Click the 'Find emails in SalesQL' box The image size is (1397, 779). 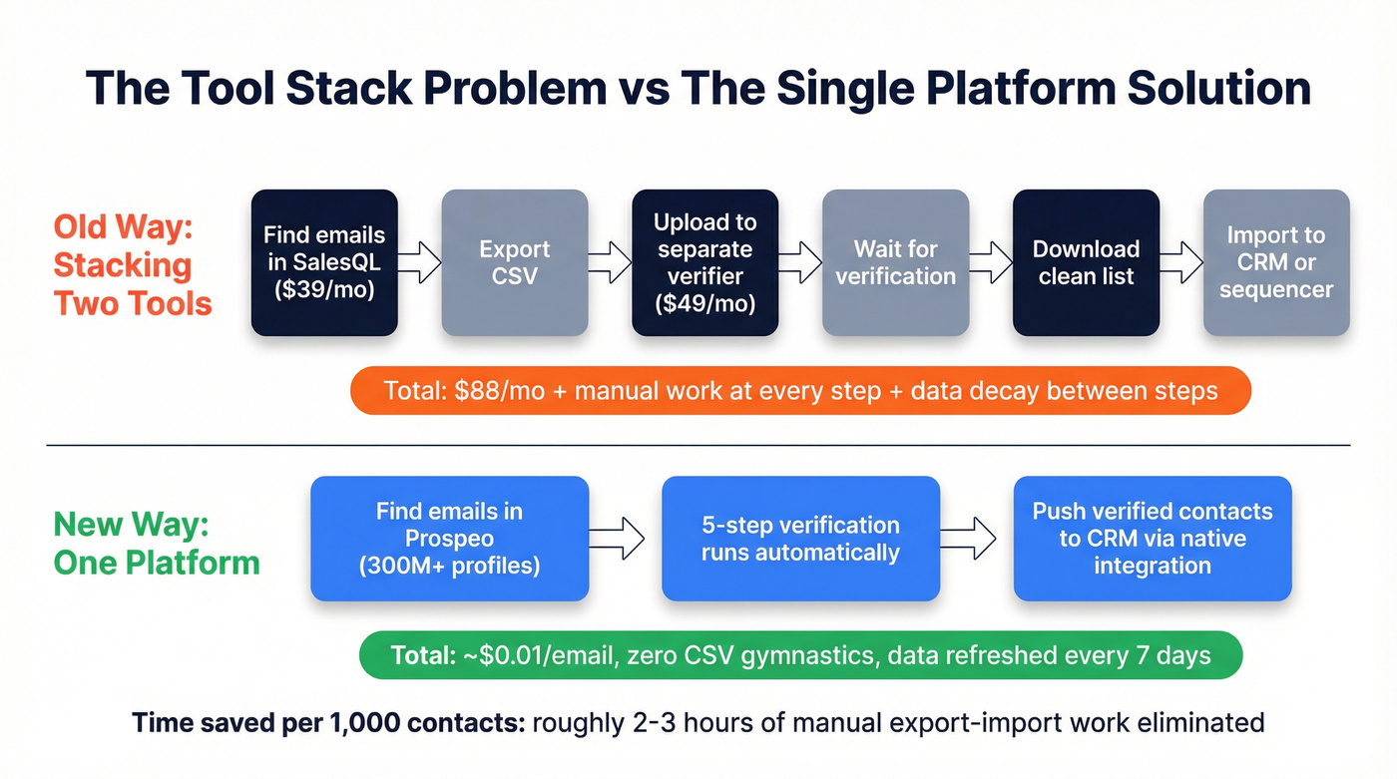tap(324, 262)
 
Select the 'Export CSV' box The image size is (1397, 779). tap(515, 262)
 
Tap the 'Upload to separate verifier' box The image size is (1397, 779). tap(705, 262)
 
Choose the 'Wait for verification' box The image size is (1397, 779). tap(895, 262)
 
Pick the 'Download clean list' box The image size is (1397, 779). tap(1086, 262)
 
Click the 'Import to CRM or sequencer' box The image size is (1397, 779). tap(1276, 262)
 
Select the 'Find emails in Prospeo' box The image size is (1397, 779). tap(449, 539)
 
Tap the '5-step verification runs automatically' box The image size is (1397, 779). tap(800, 539)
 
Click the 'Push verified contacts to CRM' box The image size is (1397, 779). tap(1153, 539)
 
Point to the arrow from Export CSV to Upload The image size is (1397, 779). tap(610, 262)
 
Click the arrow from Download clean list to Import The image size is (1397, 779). tap(1181, 262)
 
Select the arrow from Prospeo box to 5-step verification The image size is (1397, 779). tap(626, 539)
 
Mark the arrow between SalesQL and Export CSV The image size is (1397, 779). tap(419, 262)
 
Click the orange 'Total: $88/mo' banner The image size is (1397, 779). tap(800, 390)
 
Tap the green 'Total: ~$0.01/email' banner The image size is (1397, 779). tap(800, 655)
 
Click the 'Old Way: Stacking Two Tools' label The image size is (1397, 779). tap(133, 264)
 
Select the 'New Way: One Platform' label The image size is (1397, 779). tap(156, 543)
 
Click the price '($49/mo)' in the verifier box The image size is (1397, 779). tap(705, 303)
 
